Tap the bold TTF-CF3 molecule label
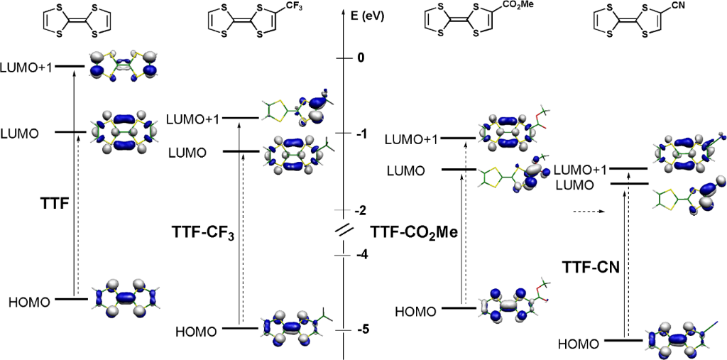tap(202, 231)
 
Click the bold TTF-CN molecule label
tap(589, 268)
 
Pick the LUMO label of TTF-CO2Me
tap(405, 170)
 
